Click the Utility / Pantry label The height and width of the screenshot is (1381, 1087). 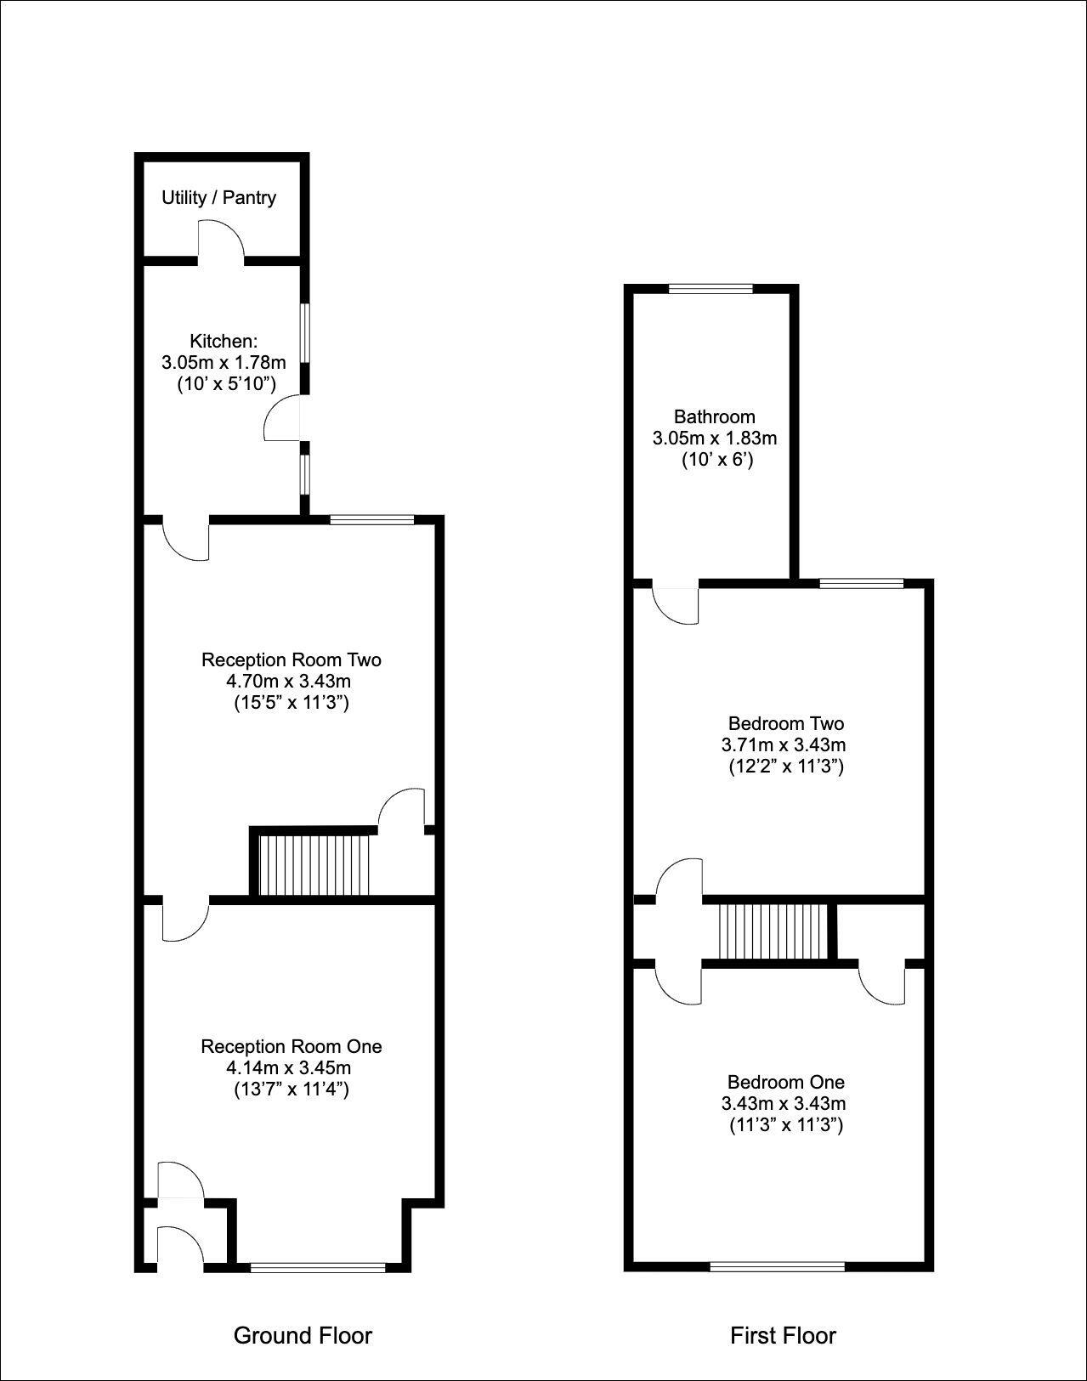(x=218, y=198)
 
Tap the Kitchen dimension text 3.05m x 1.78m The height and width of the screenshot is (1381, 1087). (x=224, y=363)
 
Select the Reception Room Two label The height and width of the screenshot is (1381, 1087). (x=291, y=659)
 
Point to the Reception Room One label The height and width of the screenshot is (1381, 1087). (x=291, y=1046)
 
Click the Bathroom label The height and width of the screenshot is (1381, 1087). (x=714, y=416)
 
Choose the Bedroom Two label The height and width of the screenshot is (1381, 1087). (x=785, y=724)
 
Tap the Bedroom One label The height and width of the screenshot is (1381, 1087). (x=785, y=1082)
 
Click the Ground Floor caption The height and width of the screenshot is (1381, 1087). (x=303, y=1335)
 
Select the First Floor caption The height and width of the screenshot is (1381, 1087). (x=783, y=1335)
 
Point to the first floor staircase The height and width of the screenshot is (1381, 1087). (x=773, y=931)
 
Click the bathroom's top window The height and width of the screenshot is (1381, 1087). (x=711, y=289)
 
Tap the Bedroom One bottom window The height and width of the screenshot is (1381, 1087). (x=778, y=1266)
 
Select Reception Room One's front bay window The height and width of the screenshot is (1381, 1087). (x=319, y=1267)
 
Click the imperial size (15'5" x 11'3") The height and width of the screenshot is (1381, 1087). (x=291, y=703)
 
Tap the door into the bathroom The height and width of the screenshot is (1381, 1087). (x=677, y=604)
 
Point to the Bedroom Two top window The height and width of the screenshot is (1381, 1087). (x=862, y=583)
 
